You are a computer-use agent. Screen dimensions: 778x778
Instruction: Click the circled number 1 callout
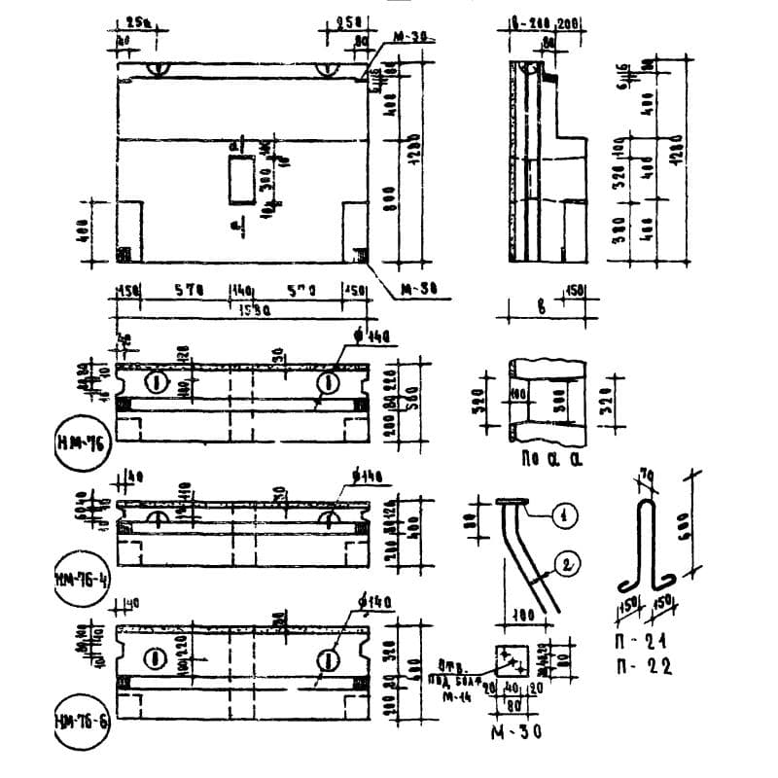(x=559, y=515)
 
